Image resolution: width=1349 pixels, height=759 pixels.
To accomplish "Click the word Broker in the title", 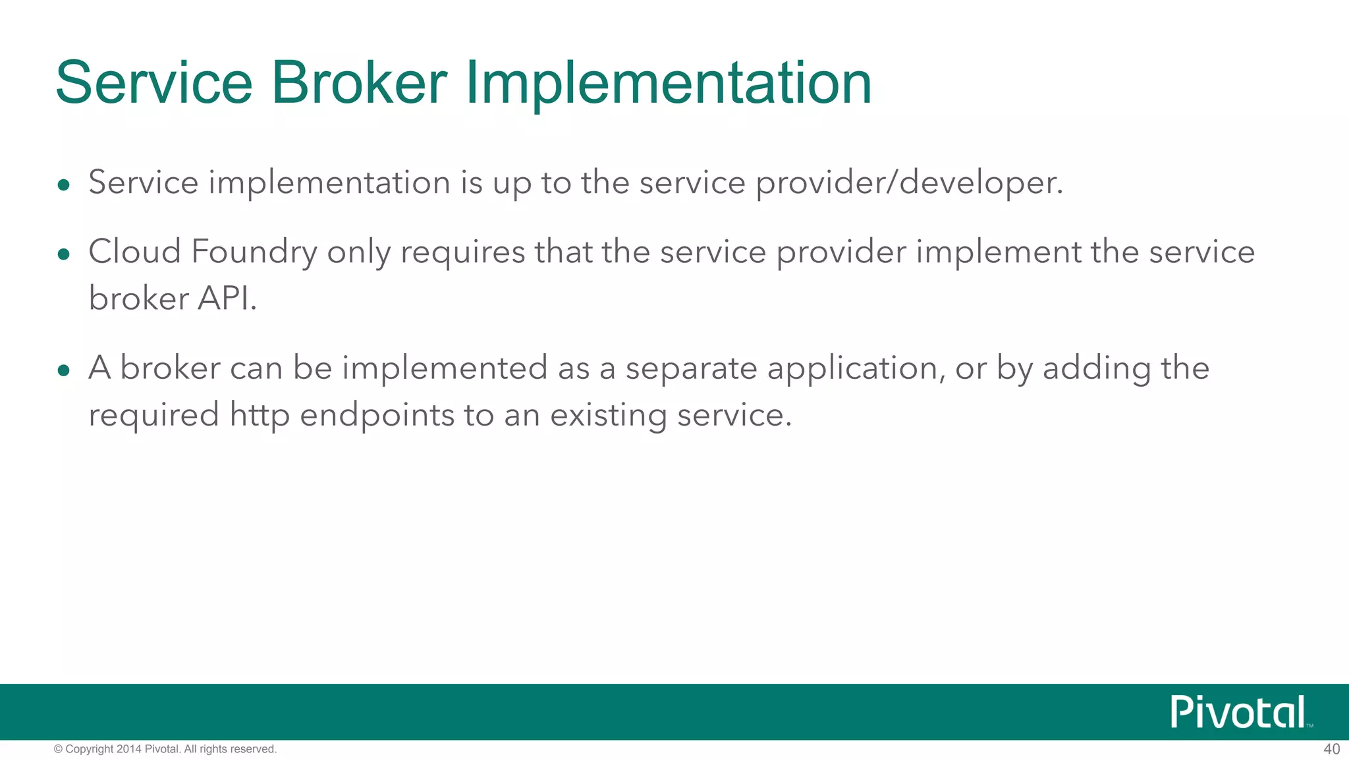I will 359,83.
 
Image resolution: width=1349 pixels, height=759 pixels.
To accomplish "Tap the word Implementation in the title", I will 669,83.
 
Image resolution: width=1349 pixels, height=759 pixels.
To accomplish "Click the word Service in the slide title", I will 154,83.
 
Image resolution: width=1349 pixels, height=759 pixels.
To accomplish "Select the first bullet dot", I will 63,185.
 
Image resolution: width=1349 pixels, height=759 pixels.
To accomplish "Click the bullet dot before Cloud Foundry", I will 63,254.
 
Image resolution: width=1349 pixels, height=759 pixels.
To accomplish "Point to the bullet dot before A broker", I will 63,371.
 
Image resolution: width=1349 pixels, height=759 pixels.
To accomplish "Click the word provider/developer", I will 909,183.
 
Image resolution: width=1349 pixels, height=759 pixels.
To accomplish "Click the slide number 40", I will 1331,749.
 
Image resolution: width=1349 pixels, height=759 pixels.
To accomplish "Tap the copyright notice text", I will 165,749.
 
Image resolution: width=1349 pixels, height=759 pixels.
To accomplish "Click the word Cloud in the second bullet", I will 134,252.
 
